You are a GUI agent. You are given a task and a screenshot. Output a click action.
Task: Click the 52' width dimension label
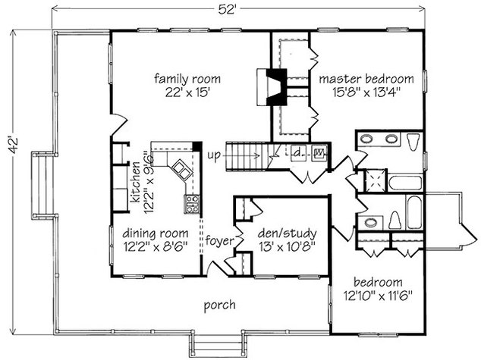226,9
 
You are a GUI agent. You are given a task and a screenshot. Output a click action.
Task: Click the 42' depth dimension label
14,146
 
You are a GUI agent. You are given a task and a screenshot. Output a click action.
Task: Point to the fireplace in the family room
272,87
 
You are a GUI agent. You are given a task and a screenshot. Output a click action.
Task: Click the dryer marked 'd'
297,152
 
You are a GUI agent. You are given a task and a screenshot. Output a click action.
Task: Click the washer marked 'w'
319,152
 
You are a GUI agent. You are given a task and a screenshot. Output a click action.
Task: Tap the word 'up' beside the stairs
214,155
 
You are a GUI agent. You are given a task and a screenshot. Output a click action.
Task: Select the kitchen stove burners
192,203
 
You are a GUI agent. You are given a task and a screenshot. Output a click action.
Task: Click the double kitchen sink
182,170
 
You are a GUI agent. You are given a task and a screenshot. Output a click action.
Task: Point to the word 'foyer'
220,240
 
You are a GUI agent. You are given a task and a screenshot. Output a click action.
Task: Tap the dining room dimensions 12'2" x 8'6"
156,246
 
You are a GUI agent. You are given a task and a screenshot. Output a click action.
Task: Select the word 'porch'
220,305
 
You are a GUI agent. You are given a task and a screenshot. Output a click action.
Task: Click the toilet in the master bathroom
413,141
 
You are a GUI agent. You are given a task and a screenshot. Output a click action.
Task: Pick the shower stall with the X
374,181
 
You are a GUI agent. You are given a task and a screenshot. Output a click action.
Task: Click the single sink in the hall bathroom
370,222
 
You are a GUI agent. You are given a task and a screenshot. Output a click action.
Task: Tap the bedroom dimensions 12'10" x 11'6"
378,296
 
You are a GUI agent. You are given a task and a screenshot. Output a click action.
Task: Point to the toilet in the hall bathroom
395,221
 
